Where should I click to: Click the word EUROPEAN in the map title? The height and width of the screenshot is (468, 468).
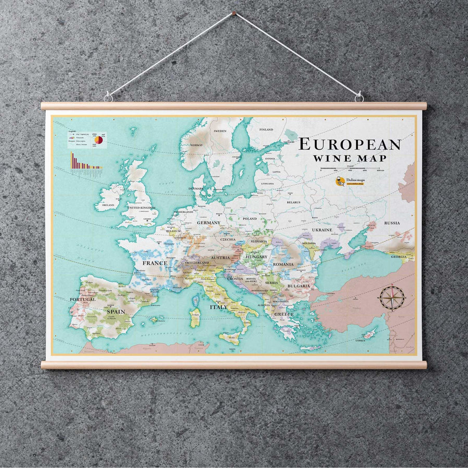pos(350,144)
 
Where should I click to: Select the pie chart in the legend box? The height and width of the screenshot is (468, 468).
pos(98,140)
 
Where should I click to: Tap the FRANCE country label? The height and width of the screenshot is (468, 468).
pos(155,263)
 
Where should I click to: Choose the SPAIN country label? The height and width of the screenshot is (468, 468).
pos(115,311)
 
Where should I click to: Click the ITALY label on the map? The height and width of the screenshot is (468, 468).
pos(218,307)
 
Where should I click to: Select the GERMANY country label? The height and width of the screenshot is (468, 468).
pos(209,223)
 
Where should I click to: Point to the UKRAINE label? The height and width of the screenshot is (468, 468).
pos(322,229)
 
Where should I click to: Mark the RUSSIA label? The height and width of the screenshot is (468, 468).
pos(392,223)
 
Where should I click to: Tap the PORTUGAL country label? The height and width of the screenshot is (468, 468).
pos(83,299)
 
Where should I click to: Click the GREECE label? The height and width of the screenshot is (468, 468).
pos(283,314)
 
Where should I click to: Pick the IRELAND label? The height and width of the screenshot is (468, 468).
pos(108,205)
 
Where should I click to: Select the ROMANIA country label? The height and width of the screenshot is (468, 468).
pos(283,264)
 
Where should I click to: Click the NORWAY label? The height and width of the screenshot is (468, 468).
pos(196,145)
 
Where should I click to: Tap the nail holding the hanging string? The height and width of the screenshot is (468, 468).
pos(234,13)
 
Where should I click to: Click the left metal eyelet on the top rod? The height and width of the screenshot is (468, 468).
pos(108,97)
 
